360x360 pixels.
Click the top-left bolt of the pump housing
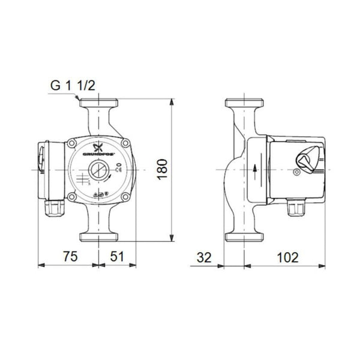[72, 144]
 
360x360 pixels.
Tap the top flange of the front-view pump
[98, 104]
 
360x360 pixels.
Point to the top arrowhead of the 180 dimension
[173, 103]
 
